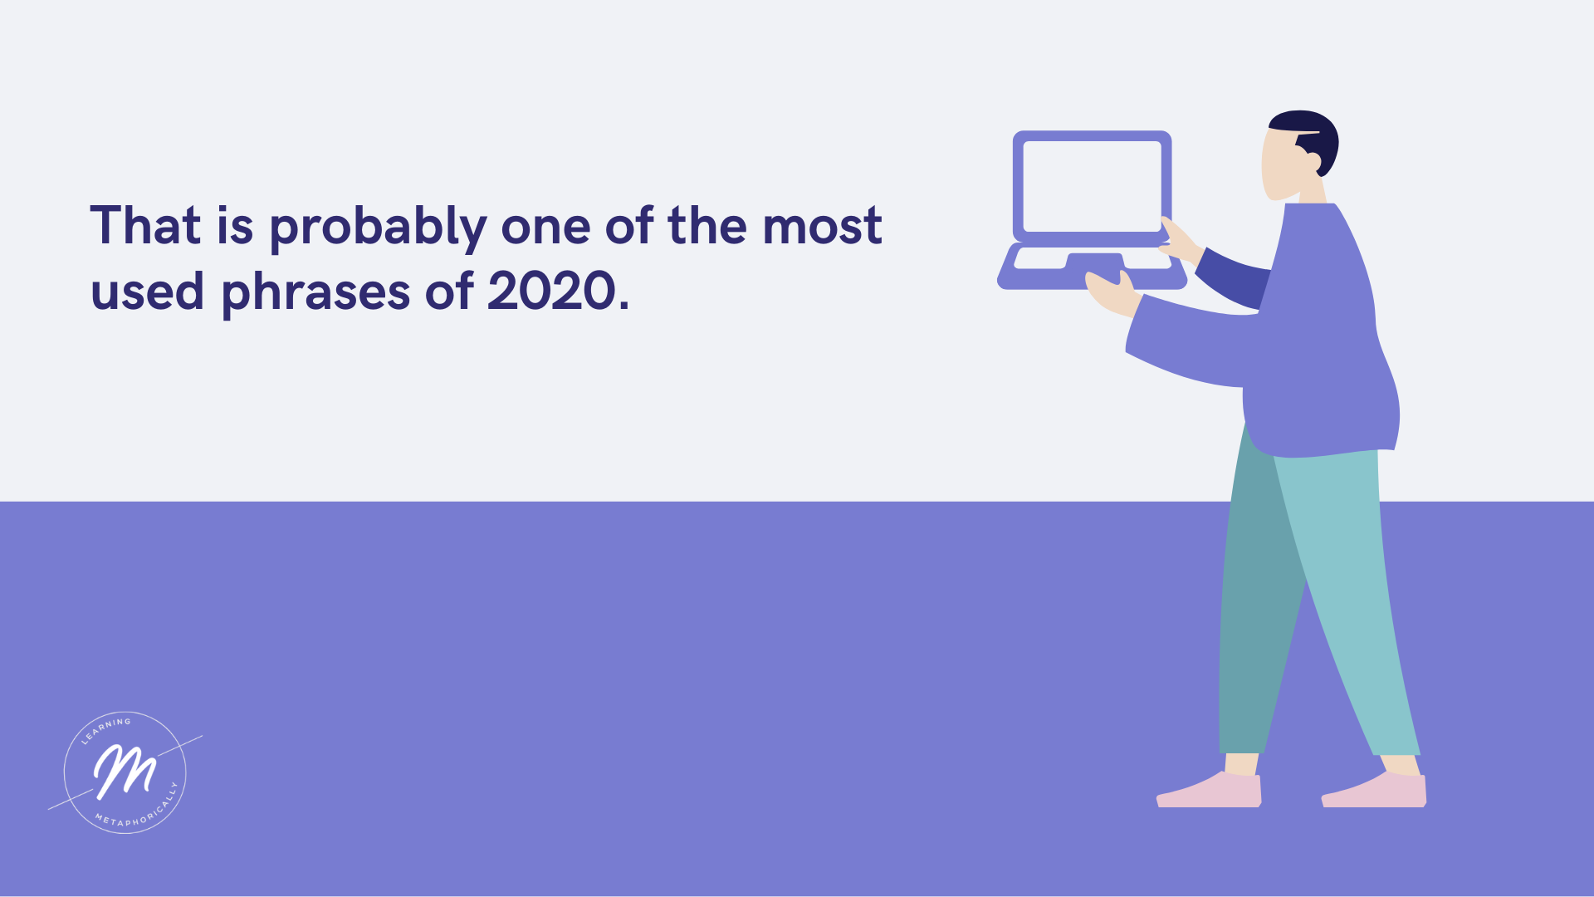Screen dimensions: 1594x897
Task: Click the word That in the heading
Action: [x=145, y=225]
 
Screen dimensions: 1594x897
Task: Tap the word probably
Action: [x=378, y=228]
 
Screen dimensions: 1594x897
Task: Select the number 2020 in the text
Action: [x=551, y=292]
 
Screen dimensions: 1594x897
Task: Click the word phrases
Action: [x=316, y=295]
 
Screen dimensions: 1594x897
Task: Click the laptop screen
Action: [x=1092, y=186]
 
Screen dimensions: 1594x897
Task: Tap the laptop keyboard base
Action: [x=1092, y=267]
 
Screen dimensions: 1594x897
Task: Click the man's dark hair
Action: [x=1308, y=137]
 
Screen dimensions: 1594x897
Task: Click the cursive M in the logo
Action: [x=125, y=771]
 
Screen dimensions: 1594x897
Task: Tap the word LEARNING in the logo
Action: [x=105, y=728]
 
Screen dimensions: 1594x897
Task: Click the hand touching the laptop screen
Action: [x=1180, y=241]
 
